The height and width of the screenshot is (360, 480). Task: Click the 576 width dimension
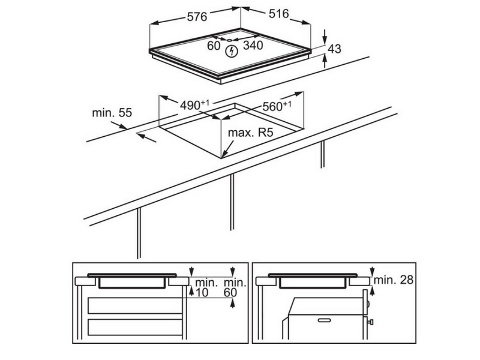click(x=197, y=17)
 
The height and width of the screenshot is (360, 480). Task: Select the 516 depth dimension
click(x=279, y=13)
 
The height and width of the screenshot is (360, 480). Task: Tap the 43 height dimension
click(x=334, y=49)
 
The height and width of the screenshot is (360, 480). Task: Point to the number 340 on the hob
click(x=253, y=46)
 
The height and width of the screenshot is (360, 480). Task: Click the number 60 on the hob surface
click(x=214, y=46)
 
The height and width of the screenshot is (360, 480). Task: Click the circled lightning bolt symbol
click(x=232, y=52)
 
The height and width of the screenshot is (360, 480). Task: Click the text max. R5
click(x=250, y=133)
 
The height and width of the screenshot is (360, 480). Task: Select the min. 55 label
click(x=112, y=113)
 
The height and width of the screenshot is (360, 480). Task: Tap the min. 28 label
click(x=394, y=280)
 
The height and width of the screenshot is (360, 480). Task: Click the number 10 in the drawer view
click(x=202, y=292)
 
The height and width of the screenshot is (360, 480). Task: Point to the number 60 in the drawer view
click(x=230, y=292)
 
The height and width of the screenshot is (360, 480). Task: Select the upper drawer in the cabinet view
click(x=135, y=305)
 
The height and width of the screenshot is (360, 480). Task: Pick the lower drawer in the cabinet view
click(x=135, y=327)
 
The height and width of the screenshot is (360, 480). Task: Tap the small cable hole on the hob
click(x=230, y=40)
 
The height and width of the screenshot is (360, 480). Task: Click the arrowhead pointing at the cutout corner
click(x=224, y=154)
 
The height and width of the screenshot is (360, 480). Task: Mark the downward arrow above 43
click(x=325, y=37)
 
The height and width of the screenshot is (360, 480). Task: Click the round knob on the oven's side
click(x=368, y=304)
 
